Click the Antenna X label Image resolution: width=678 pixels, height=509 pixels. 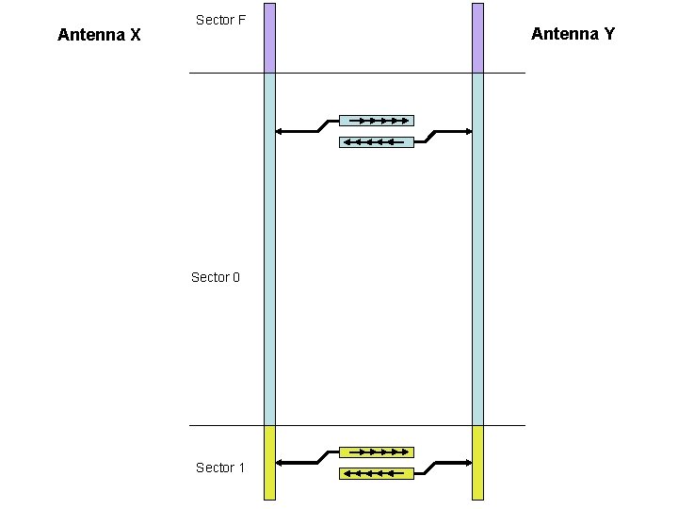coord(99,36)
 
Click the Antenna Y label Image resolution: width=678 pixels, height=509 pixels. coord(573,34)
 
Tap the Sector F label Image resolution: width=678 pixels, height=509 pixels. coord(220,20)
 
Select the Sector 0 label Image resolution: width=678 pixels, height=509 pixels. coord(216,277)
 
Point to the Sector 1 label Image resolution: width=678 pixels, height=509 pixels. coord(220,468)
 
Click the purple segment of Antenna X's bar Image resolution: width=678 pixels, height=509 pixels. coord(269,38)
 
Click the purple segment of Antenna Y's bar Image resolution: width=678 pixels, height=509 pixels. coord(477,38)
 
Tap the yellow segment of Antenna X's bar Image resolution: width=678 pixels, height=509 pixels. coord(269,462)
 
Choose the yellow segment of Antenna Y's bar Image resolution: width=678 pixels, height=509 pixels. coord(477,462)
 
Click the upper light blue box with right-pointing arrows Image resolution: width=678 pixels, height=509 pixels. coord(376,121)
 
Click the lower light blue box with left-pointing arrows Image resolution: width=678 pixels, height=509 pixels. coord(376,142)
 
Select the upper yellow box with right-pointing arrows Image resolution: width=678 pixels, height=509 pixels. coord(376,452)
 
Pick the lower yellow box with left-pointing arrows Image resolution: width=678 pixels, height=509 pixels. coord(376,473)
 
